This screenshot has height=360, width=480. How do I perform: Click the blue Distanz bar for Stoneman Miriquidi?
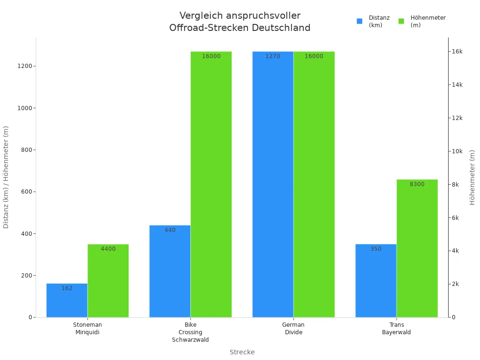click(x=67, y=300)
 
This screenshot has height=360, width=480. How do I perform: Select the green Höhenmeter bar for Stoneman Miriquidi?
click(x=108, y=281)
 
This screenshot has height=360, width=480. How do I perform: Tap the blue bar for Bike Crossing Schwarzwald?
click(x=170, y=271)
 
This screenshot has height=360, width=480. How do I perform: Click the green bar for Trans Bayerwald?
click(x=417, y=248)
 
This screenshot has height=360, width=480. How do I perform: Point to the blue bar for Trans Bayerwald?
click(x=376, y=281)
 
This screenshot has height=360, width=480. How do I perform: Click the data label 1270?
click(x=273, y=56)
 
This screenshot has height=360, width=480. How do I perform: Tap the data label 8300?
click(x=417, y=184)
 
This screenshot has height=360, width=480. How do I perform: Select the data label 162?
click(x=67, y=288)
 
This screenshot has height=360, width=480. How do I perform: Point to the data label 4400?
click(x=108, y=249)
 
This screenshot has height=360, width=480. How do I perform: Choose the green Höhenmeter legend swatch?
click(x=401, y=21)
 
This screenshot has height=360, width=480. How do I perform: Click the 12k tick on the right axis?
click(x=457, y=118)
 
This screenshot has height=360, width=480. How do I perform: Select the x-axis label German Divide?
click(x=293, y=328)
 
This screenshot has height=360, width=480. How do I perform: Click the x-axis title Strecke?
click(x=242, y=352)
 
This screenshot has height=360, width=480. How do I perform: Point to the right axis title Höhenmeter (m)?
click(x=472, y=177)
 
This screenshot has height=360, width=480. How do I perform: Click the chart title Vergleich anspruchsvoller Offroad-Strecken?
click(x=240, y=22)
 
